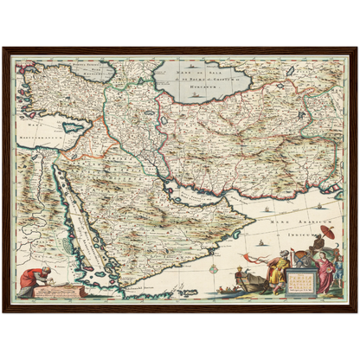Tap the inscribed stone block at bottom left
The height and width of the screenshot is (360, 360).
click(62, 290)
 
